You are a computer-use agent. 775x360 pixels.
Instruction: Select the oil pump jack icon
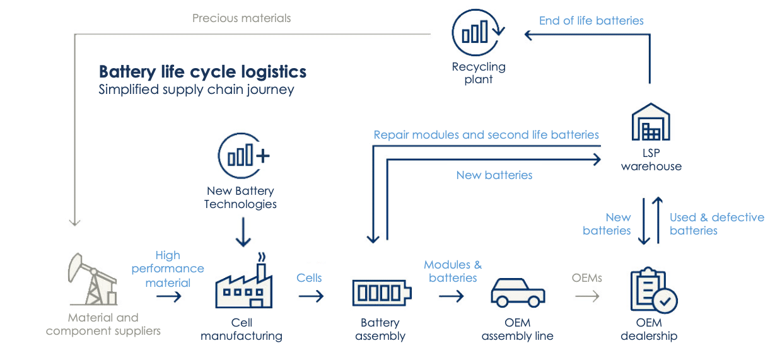(92, 279)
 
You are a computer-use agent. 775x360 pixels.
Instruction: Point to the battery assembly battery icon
(381, 293)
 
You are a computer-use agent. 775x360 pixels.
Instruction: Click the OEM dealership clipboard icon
(653, 291)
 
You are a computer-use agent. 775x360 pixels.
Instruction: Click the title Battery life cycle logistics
(202, 71)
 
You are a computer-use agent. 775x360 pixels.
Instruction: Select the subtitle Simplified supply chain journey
(196, 90)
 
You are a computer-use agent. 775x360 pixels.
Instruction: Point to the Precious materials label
(242, 18)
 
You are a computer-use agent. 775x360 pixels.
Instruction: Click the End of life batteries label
(591, 21)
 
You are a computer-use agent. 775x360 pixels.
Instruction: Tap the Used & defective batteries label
(716, 224)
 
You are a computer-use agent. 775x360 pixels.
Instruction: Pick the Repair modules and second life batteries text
(486, 134)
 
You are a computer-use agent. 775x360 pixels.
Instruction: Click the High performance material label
(168, 269)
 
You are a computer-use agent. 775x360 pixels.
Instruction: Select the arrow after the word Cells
(310, 295)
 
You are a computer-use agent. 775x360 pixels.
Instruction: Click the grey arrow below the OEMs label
(586, 295)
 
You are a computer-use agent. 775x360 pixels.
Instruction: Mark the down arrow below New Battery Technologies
(242, 234)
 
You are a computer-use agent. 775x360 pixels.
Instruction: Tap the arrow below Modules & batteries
(451, 295)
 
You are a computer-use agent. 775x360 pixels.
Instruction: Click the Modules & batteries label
(452, 271)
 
